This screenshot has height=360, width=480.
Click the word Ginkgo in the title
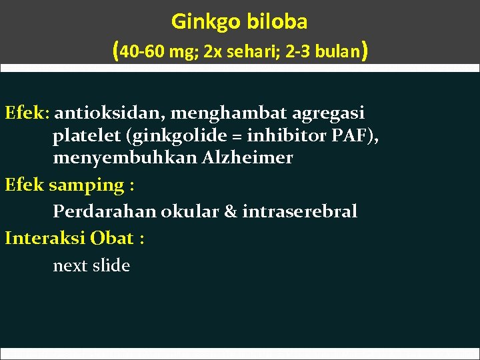(203, 22)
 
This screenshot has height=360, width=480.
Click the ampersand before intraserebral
(230, 212)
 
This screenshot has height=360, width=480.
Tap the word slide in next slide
(111, 265)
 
